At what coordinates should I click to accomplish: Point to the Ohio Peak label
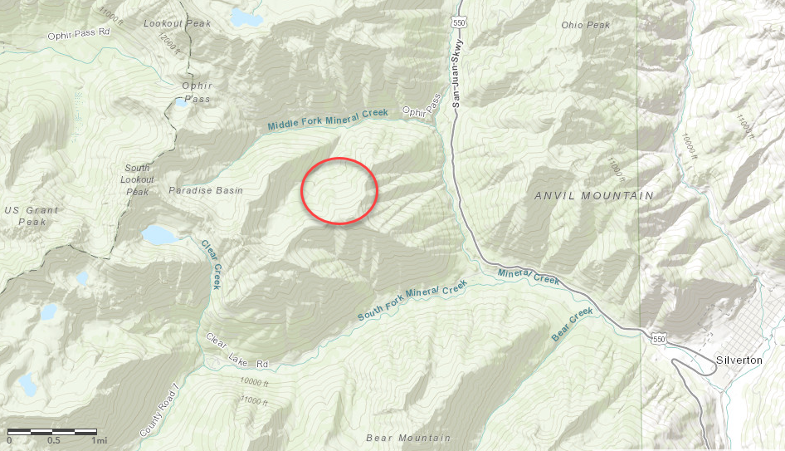585,25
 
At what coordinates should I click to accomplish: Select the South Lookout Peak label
137,179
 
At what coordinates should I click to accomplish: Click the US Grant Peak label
32,216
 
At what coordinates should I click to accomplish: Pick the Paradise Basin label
206,190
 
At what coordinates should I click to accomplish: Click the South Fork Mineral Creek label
412,301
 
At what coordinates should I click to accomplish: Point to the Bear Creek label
573,325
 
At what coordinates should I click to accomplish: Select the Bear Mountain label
408,438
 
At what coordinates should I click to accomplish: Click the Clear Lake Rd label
238,351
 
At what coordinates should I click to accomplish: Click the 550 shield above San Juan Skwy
460,22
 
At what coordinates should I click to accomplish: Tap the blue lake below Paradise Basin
160,235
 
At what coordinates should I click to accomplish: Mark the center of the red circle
339,190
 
